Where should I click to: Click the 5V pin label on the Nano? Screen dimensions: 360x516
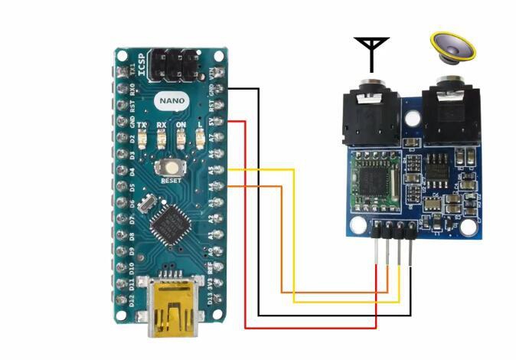[211, 121]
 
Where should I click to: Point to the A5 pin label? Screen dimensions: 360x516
[211, 170]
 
